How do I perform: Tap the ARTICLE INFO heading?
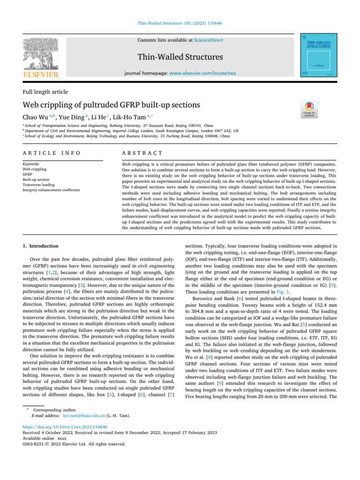coord(51,153)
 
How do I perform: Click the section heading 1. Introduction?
coord(41,246)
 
